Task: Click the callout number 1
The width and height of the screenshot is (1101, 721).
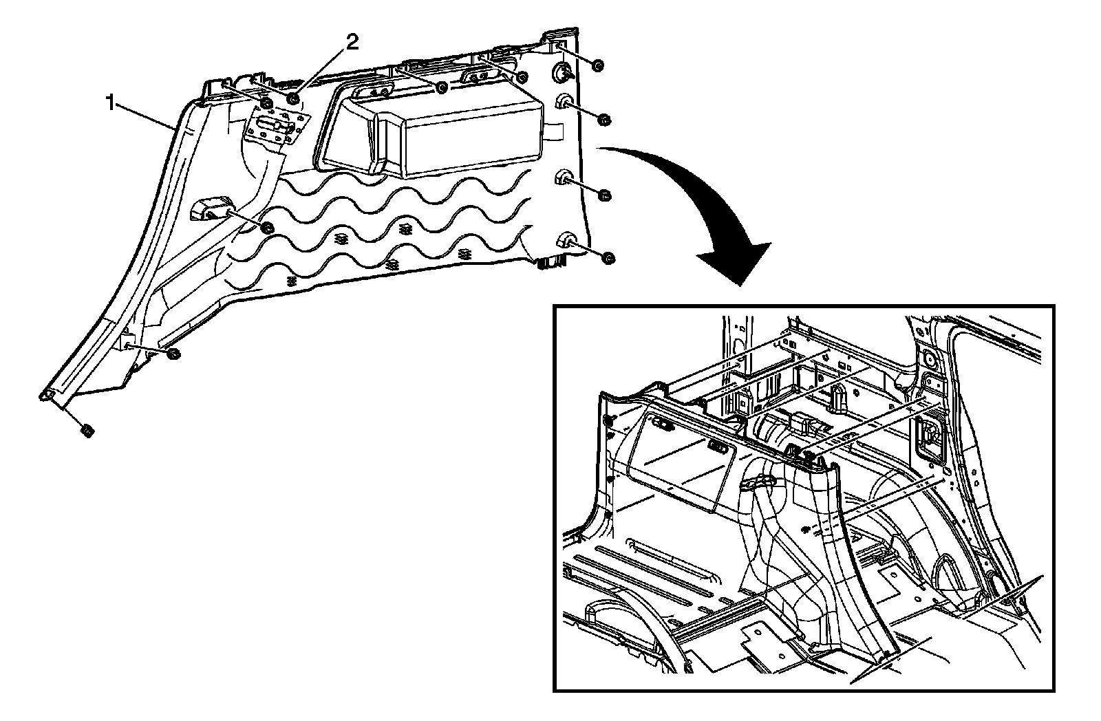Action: pos(109,103)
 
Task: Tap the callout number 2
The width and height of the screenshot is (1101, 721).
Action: pos(352,43)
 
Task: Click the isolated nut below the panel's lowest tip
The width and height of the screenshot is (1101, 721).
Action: pos(87,431)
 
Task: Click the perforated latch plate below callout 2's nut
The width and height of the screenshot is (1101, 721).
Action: pos(275,129)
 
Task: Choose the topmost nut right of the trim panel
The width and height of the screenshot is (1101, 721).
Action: pos(597,65)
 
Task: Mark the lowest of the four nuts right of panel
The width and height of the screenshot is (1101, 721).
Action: pos(608,258)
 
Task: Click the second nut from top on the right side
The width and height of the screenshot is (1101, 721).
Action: pos(603,120)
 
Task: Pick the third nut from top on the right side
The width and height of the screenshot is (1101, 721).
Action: pos(605,195)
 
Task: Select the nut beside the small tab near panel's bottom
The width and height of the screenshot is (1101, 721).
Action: pos(173,354)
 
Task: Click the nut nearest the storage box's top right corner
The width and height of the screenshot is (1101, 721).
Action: pos(522,76)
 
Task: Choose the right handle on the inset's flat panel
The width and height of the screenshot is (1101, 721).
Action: pos(719,448)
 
